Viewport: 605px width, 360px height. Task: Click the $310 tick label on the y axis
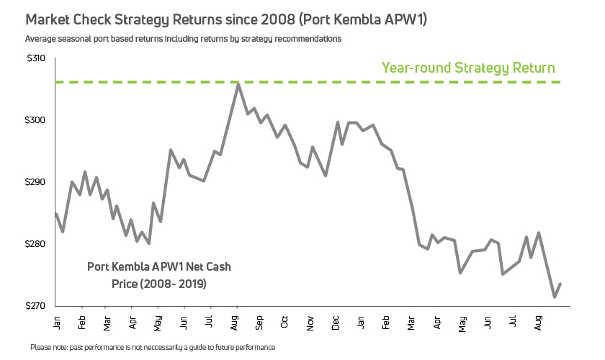35,58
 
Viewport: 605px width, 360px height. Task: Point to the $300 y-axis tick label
35,120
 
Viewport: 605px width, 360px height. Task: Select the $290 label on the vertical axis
35,182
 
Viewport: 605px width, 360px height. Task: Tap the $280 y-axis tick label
35,244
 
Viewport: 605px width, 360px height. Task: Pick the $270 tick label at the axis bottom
35,306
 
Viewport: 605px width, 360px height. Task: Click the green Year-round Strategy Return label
468,68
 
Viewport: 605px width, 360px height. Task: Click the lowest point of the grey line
554,297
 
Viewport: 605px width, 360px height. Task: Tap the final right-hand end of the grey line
560,284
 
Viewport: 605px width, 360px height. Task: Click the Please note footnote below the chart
153,347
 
